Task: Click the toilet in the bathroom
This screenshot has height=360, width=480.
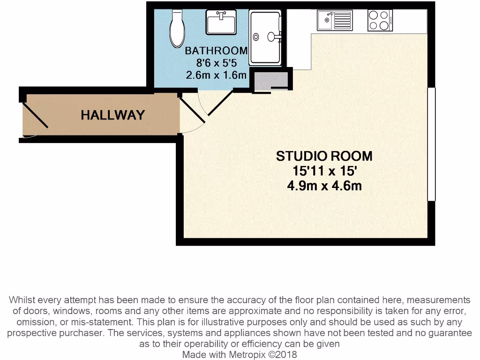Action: coord(177,29)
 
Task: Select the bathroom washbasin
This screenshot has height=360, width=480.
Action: coord(221,22)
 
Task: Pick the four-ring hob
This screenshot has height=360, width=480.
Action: coord(379,20)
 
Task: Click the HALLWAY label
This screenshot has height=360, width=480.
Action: coord(112,115)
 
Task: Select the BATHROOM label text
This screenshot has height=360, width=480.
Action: coord(216,51)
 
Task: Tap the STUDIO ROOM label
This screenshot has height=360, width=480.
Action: coord(324,156)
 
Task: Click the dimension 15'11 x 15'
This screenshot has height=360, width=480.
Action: coord(324,171)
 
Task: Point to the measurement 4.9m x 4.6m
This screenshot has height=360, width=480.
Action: coord(324,186)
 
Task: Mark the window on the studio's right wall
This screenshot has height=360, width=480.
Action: coord(431,144)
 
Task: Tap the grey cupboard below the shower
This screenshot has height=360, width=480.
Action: coord(271,81)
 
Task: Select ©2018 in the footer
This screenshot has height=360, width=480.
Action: coord(282,355)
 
